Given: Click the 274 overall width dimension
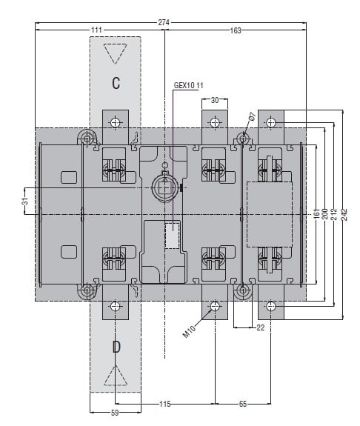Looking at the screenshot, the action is [164, 22].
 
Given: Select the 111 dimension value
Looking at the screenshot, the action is [96, 30].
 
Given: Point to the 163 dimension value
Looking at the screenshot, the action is [236, 30].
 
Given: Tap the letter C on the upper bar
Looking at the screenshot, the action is [116, 83].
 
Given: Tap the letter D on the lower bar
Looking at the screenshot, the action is [116, 347].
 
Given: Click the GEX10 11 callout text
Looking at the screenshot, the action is [189, 86].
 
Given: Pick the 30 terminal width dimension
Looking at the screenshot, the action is [215, 100].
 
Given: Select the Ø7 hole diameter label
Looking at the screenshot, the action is [252, 116].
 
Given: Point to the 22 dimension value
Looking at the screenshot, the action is [260, 327].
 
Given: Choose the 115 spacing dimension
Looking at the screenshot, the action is [165, 404].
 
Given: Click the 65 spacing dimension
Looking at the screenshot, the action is [243, 404].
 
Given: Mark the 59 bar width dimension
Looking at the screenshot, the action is [115, 413].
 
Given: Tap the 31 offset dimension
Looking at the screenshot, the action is [25, 202].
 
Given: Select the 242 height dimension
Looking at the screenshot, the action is [344, 214].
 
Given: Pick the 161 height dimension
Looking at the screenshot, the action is [316, 214].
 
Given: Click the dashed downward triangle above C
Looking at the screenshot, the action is [116, 53].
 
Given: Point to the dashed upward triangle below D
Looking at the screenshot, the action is [116, 376].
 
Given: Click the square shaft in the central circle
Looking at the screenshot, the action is [164, 187].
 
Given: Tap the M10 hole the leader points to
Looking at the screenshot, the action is [215, 307].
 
